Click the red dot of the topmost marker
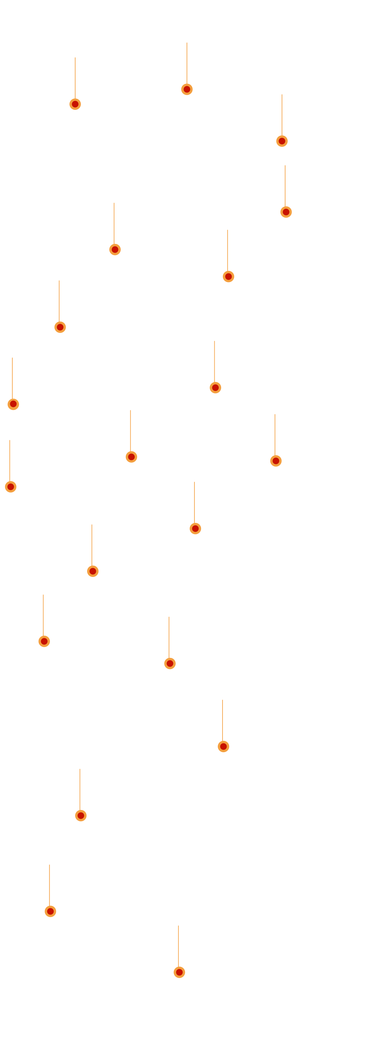point(187,89)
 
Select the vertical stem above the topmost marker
point(187,63)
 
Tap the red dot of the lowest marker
point(179,972)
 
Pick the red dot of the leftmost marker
point(11,487)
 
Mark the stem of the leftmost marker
point(10,460)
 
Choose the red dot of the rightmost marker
point(286,212)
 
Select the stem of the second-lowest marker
point(49,885)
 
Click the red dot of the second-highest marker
point(75,104)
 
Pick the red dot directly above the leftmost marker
point(13,404)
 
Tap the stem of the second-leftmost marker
point(13,377)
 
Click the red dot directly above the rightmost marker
point(282,141)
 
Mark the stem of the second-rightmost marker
point(282,115)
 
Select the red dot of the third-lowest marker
point(81,816)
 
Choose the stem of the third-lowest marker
point(80,789)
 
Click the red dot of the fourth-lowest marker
point(224,746)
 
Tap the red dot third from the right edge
point(276,461)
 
